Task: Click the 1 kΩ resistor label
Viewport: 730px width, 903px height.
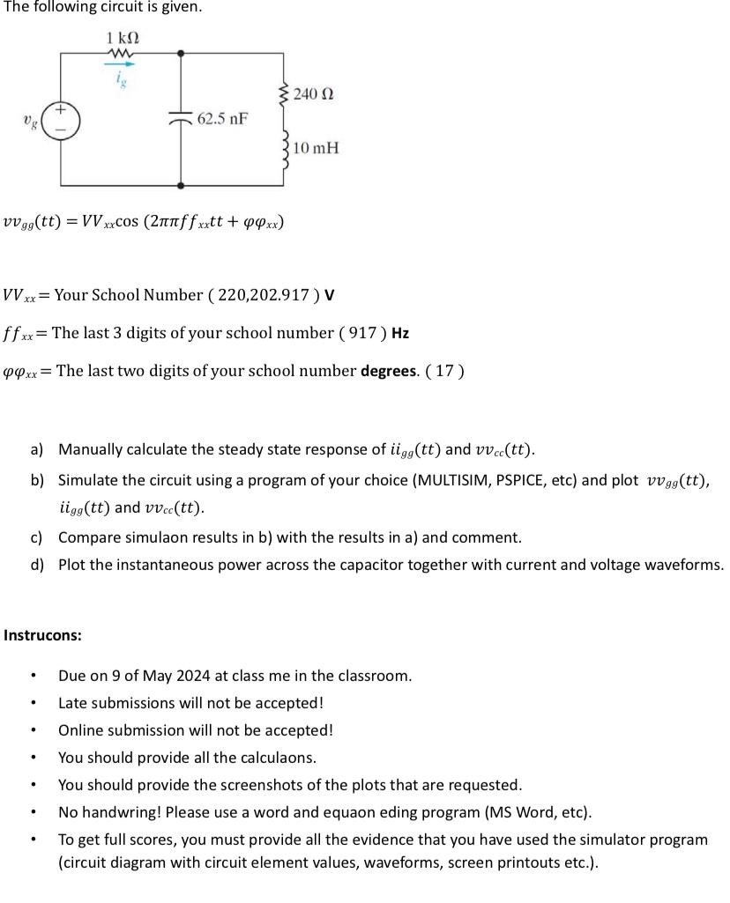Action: click(x=122, y=39)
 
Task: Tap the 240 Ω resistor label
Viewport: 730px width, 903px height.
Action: click(x=314, y=93)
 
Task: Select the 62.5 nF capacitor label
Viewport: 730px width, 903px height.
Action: click(x=222, y=117)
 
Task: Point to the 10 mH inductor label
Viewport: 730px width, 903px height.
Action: click(x=316, y=147)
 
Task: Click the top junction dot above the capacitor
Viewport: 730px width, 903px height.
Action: click(x=181, y=53)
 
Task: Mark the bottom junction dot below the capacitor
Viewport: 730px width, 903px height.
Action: click(x=181, y=186)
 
